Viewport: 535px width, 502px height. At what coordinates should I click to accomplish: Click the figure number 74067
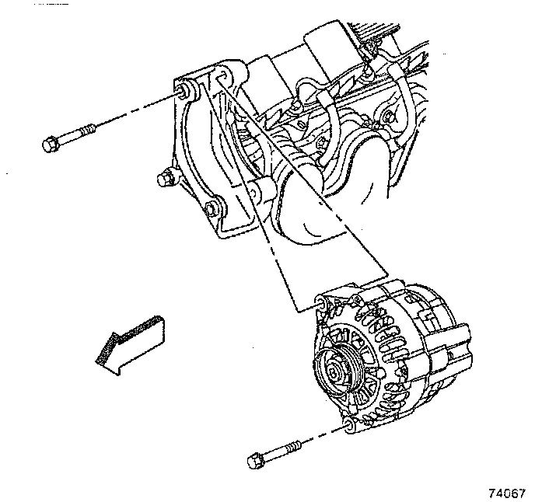click(x=507, y=493)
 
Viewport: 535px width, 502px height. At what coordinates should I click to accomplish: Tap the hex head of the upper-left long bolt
click(x=47, y=145)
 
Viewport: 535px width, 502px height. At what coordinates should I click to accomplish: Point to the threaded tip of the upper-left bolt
click(x=91, y=128)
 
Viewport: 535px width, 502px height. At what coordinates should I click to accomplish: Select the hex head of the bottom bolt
click(x=254, y=461)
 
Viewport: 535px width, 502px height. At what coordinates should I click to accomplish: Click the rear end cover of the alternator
click(x=447, y=342)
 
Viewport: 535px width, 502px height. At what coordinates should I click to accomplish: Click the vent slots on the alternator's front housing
click(x=385, y=334)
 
